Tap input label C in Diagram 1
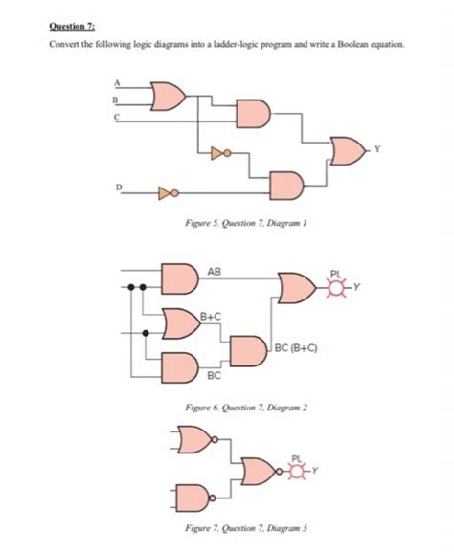(115, 116)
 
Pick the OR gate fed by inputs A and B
(170, 95)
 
